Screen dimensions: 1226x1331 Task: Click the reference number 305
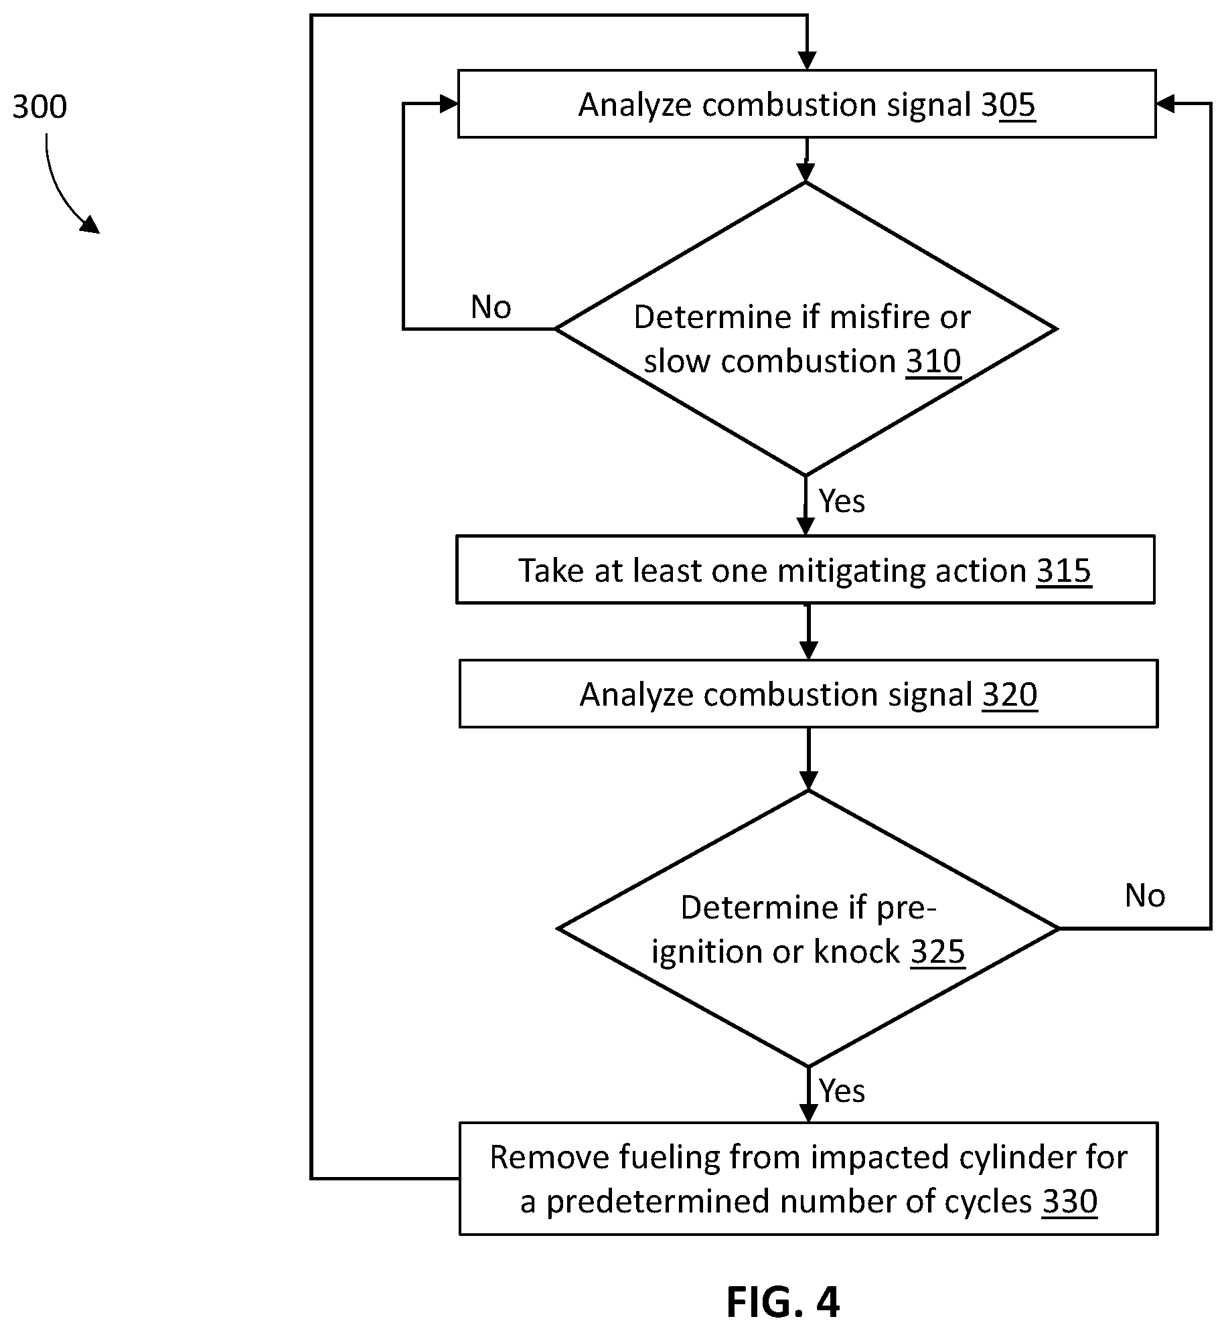coord(1008,105)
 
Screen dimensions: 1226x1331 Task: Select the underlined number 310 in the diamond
coord(933,362)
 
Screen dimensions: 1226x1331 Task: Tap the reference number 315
coord(1064,570)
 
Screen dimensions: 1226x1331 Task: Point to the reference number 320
coord(1010,694)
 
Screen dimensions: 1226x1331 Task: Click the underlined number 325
coord(937,951)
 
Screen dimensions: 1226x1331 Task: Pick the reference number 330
coord(1069,1201)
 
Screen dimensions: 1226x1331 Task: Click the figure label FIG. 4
coord(783,1302)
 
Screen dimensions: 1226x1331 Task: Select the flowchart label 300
coord(40,107)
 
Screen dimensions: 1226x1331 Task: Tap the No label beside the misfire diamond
coord(491,307)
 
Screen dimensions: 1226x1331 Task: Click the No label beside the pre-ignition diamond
coord(1145,895)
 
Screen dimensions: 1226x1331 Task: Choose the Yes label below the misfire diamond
coord(842,501)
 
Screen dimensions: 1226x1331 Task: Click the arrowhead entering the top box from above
coord(808,61)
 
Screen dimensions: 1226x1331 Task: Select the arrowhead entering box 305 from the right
coord(1166,104)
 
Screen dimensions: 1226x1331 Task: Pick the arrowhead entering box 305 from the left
coord(449,104)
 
